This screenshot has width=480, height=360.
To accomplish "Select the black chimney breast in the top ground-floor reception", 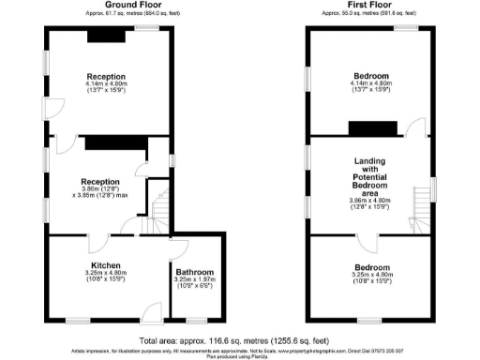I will click(101, 36).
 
